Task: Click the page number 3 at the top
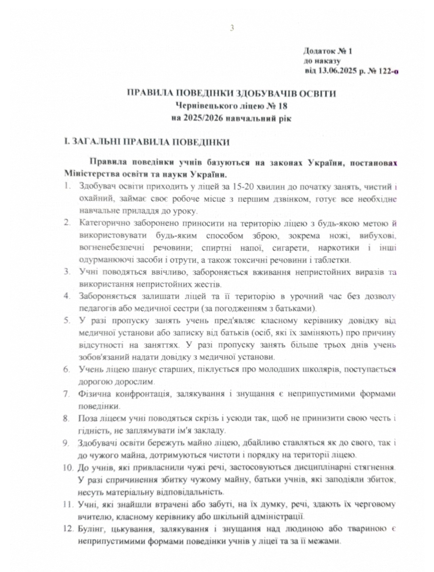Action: tap(232, 28)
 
